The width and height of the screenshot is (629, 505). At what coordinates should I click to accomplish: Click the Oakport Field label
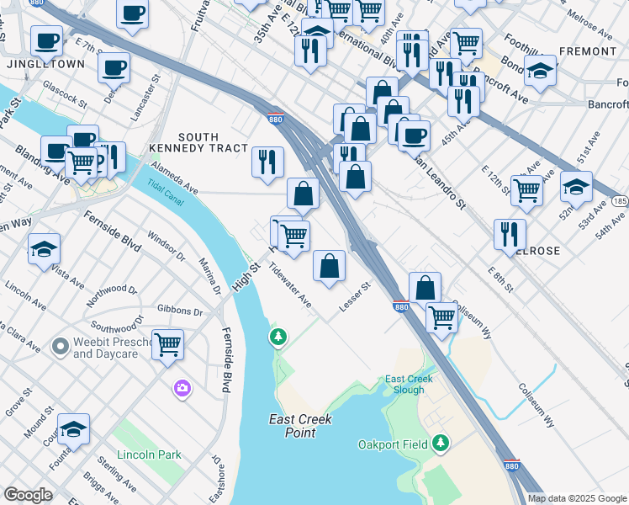coord(394,444)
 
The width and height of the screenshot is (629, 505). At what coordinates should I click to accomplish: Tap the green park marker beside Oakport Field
coord(440,444)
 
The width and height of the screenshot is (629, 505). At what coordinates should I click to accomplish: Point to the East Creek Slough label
coord(410,384)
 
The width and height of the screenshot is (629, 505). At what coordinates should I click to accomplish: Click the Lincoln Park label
coord(150,454)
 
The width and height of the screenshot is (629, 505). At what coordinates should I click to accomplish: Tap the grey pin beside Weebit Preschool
coord(59,347)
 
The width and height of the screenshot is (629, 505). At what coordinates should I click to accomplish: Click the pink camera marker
coord(182,388)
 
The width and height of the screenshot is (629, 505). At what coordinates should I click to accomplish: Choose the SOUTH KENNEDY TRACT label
coord(198,142)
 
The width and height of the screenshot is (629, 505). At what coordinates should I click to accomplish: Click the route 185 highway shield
coord(620,202)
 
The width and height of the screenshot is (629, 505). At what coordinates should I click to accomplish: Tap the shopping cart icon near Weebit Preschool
coord(168,343)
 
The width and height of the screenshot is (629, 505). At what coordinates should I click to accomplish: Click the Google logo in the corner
coord(28,495)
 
